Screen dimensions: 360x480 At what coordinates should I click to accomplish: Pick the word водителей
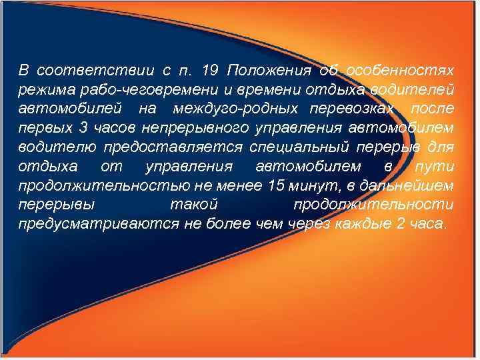(418, 89)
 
